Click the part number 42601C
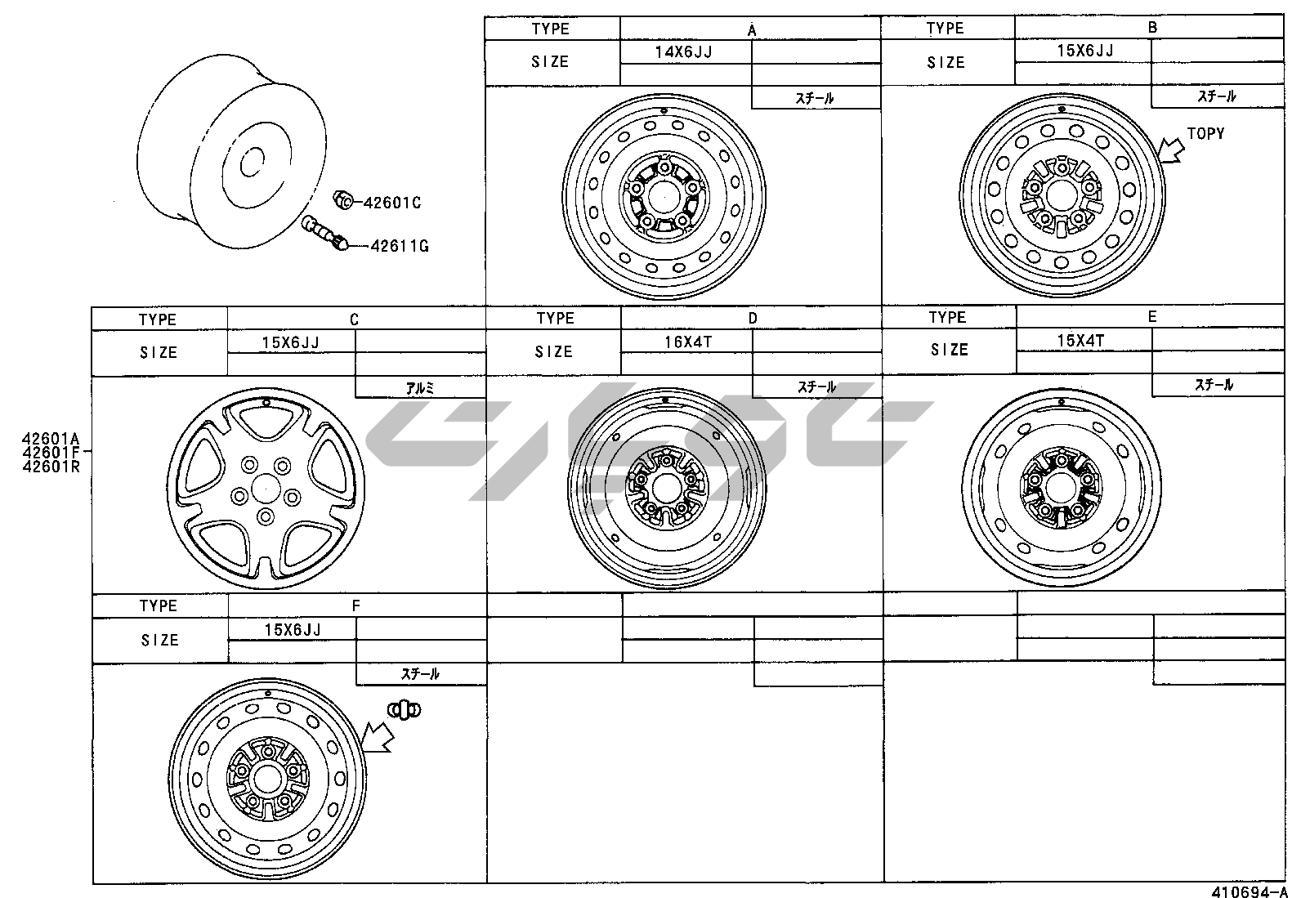(x=392, y=203)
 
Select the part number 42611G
(x=400, y=246)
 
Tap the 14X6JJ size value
(x=684, y=52)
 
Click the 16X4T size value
(x=688, y=342)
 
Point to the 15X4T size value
(x=1080, y=341)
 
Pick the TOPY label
(x=1205, y=133)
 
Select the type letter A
(x=752, y=30)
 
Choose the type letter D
(x=753, y=319)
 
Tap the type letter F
(x=356, y=605)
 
